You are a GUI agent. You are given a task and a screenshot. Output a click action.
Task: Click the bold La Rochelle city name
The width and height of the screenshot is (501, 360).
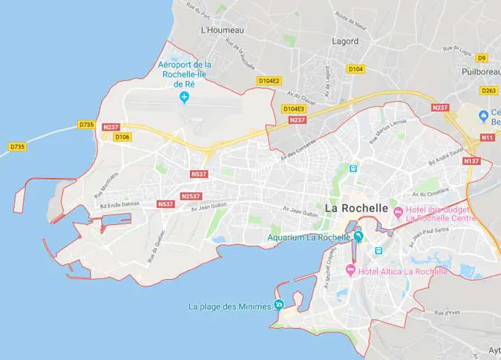pyautogui.click(x=357, y=209)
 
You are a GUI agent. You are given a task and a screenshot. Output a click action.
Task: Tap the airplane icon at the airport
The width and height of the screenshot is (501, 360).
pyautogui.click(x=184, y=98)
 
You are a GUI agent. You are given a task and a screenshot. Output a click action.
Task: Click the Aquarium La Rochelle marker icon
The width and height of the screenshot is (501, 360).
pyautogui.click(x=358, y=237)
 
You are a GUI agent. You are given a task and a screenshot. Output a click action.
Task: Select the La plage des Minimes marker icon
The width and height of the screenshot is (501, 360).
pyautogui.click(x=279, y=305)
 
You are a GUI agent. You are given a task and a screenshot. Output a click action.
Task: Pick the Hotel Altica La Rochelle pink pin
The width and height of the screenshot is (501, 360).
pyautogui.click(x=350, y=271)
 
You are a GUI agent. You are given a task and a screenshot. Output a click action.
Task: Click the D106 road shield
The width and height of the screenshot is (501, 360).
pyautogui.click(x=122, y=137)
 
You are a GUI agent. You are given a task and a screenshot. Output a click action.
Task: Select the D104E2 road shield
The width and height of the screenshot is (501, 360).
pyautogui.click(x=269, y=80)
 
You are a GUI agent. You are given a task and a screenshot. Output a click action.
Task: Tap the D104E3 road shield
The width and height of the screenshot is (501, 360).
pyautogui.click(x=294, y=108)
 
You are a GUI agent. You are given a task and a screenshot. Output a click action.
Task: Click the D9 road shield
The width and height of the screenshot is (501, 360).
pyautogui.click(x=482, y=57)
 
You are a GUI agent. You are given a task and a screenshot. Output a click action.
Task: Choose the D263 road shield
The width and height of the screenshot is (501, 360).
pyautogui.click(x=488, y=91)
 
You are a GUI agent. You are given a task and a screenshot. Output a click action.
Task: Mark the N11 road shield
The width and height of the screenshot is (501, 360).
pyautogui.click(x=487, y=137)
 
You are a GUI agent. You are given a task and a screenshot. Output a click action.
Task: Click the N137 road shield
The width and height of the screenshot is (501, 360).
pyautogui.click(x=471, y=161)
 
